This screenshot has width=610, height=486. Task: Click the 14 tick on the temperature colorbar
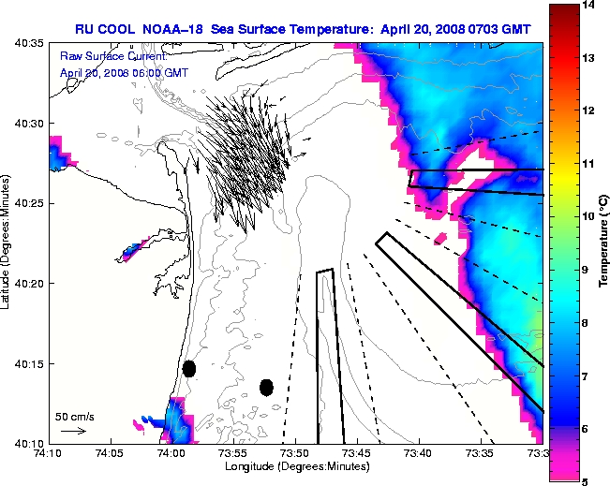click(588, 6)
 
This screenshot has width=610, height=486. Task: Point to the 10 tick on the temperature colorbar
click(588, 216)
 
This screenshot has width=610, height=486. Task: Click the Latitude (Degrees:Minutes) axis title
click(7, 243)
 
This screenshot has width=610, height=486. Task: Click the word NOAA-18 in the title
click(174, 29)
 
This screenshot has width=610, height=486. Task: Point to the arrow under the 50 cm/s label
click(73, 431)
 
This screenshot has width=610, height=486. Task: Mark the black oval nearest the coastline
click(188, 368)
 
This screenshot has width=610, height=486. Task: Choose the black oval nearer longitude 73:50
click(266, 387)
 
